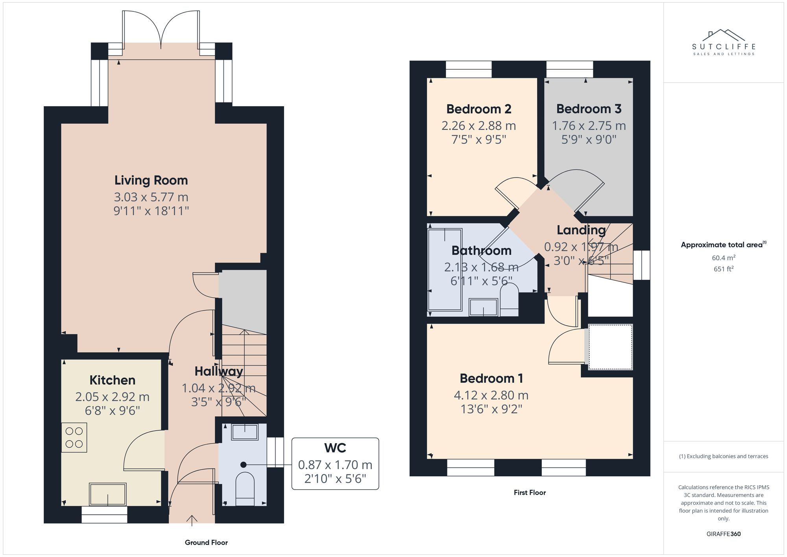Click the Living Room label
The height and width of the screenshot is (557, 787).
[151, 180]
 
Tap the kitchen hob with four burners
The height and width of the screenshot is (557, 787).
[74, 437]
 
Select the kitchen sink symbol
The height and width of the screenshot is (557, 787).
[108, 494]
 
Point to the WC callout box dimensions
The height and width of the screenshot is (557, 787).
[335, 471]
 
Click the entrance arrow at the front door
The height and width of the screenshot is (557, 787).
[192, 520]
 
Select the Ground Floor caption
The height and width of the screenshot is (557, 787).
[206, 542]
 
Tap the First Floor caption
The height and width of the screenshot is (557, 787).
[530, 492]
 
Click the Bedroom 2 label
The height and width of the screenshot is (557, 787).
[478, 109]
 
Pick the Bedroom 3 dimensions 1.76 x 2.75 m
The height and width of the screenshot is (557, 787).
[589, 126]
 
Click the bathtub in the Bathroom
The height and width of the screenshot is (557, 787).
[445, 270]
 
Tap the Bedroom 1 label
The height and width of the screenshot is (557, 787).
[491, 378]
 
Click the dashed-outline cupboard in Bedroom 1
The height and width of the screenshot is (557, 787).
[610, 347]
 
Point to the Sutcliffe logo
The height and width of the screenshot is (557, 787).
[724, 43]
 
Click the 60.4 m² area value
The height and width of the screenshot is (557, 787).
[724, 258]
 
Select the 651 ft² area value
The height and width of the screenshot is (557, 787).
[724, 269]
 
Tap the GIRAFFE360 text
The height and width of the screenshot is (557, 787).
[723, 534]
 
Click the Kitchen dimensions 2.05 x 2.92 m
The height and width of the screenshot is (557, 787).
[112, 397]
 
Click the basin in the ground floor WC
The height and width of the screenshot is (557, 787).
[244, 432]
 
